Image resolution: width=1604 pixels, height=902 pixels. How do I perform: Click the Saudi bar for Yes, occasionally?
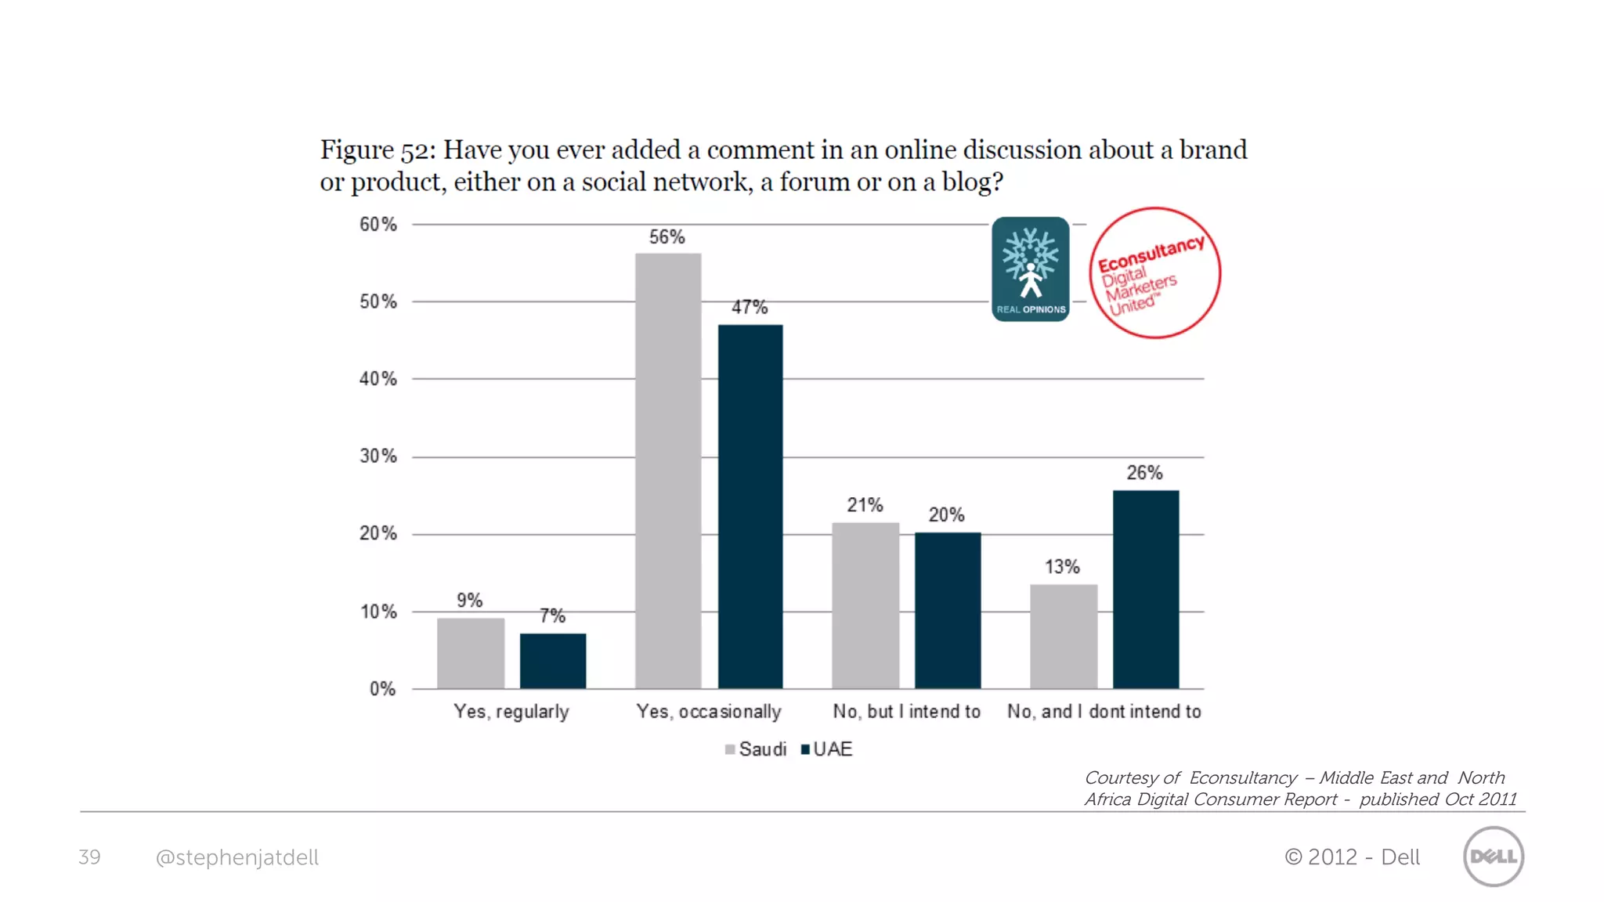coord(668,471)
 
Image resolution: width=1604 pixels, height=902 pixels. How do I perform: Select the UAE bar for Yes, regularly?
coord(553,661)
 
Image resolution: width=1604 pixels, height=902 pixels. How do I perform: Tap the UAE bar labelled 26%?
coord(1145,589)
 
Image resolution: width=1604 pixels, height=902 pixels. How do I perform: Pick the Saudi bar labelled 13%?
coord(1064,636)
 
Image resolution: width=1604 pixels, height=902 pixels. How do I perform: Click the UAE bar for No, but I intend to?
coord(948,610)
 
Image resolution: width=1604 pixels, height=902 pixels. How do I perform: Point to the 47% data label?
coord(750,308)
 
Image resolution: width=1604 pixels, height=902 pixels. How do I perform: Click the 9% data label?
coord(470,601)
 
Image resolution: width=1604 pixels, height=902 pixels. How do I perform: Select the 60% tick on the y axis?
coord(378,225)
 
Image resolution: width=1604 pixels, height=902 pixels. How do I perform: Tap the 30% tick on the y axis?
coord(378,456)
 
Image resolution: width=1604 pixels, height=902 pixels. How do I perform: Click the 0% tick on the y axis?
coord(382,689)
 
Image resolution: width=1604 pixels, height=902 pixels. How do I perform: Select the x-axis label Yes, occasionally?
coord(709,712)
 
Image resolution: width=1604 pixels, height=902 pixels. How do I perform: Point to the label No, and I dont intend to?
coord(1104,712)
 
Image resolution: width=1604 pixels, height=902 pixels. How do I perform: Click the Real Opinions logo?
coord(1030,269)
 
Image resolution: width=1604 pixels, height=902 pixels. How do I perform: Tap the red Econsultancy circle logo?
coord(1154,273)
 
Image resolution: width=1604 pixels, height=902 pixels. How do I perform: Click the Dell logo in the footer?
coord(1493,857)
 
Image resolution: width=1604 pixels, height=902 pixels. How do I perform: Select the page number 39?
coord(89,857)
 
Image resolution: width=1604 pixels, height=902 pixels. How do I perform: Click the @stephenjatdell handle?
coord(237,858)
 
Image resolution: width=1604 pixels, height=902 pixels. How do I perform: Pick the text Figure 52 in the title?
coord(377,150)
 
